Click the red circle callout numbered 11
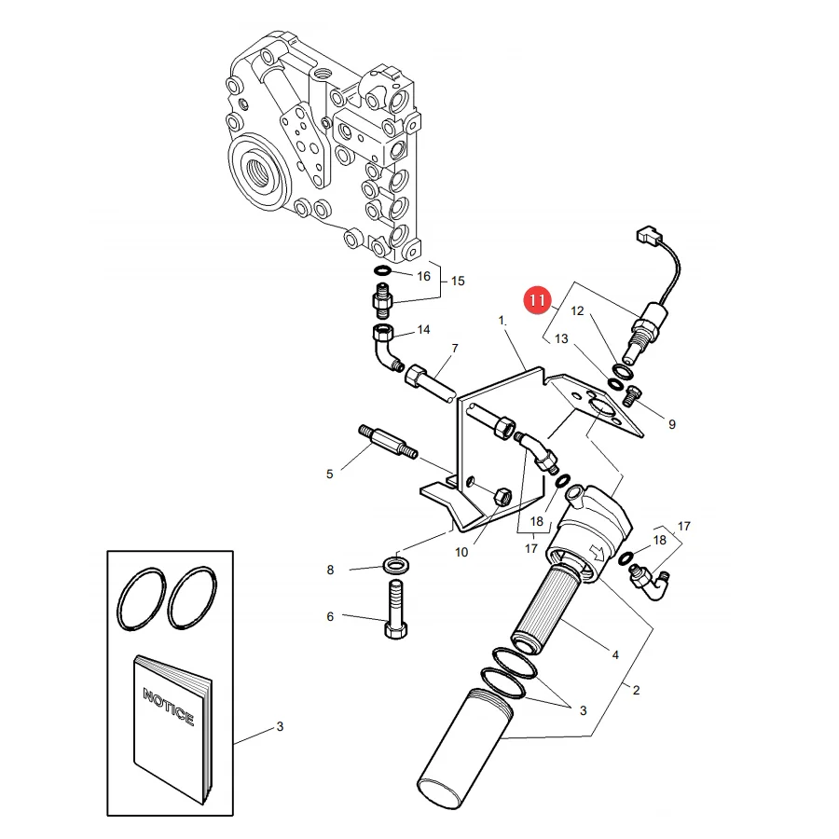click(x=537, y=300)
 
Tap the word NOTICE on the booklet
click(x=169, y=707)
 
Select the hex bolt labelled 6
click(x=395, y=610)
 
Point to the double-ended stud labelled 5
click(x=388, y=442)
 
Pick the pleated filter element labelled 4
click(x=544, y=606)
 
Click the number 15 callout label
click(x=458, y=281)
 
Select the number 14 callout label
click(x=423, y=330)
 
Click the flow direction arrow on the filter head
click(x=596, y=553)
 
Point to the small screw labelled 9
click(x=632, y=395)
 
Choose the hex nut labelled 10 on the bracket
click(x=502, y=497)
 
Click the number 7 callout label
click(x=455, y=349)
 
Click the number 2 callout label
click(x=636, y=690)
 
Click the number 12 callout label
click(x=577, y=310)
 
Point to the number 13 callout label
click(x=561, y=338)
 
